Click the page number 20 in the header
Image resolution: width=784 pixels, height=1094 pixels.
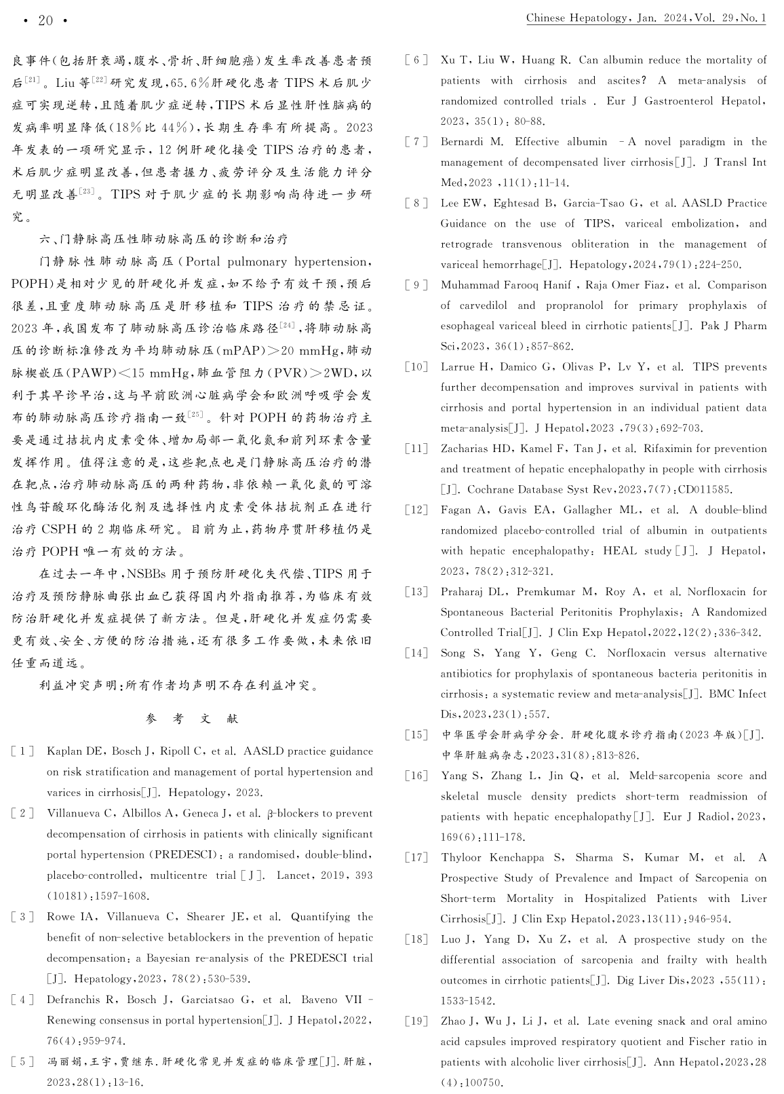[x=45, y=20]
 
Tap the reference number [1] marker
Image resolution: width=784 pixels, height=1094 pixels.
[x=22, y=751]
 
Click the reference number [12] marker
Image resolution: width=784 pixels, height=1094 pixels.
[x=416, y=510]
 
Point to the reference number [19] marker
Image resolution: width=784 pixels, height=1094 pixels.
[x=416, y=1021]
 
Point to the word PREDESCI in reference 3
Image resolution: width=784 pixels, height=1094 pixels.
[x=321, y=958]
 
